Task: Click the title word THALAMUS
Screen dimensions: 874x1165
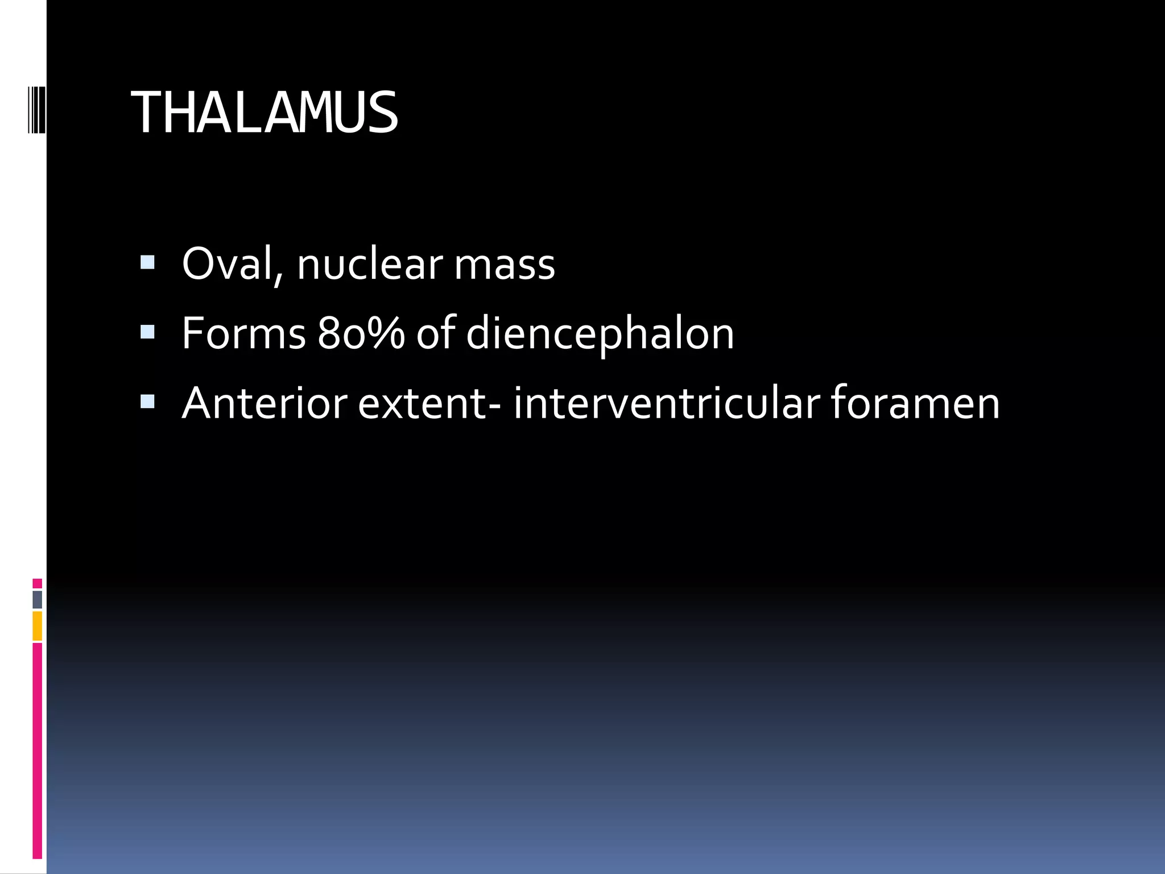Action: tap(265, 113)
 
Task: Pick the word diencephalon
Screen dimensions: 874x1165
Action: tap(600, 334)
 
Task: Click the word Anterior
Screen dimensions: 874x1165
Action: tap(265, 403)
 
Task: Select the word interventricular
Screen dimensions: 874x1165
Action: tap(666, 403)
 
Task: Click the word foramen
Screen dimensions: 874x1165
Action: tap(915, 403)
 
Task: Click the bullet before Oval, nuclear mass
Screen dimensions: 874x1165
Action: tap(147, 262)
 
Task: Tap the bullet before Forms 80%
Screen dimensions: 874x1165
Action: tap(147, 332)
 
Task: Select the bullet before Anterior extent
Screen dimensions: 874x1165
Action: tap(147, 402)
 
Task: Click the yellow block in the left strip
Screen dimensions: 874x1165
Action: tap(37, 626)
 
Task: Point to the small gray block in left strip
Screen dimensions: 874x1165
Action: tap(37, 599)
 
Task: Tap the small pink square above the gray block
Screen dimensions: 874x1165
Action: tap(37, 583)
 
